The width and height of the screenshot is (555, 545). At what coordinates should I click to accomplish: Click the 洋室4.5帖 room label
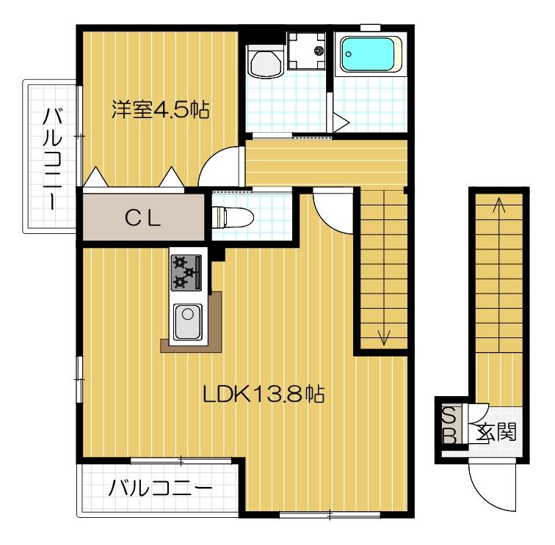click(160, 110)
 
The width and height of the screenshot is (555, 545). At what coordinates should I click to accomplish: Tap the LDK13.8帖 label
click(264, 395)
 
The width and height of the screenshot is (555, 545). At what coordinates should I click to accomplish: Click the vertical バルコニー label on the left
click(51, 157)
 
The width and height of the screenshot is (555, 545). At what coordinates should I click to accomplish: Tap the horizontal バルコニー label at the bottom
click(160, 488)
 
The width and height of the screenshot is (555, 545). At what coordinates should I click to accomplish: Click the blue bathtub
click(370, 56)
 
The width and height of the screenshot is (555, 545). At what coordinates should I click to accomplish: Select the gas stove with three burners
click(186, 272)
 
